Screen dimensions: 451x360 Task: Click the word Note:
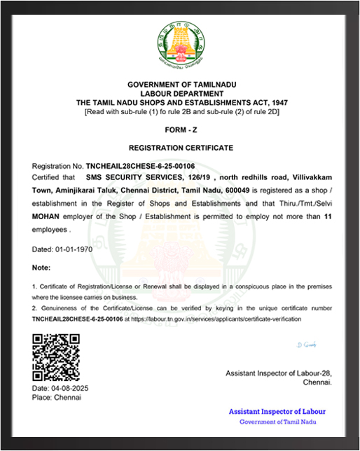42,268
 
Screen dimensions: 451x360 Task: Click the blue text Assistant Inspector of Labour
277,412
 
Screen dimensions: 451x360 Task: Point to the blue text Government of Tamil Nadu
277,422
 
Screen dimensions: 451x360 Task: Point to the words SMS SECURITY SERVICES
139,179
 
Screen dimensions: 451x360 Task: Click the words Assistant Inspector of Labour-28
278,374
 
